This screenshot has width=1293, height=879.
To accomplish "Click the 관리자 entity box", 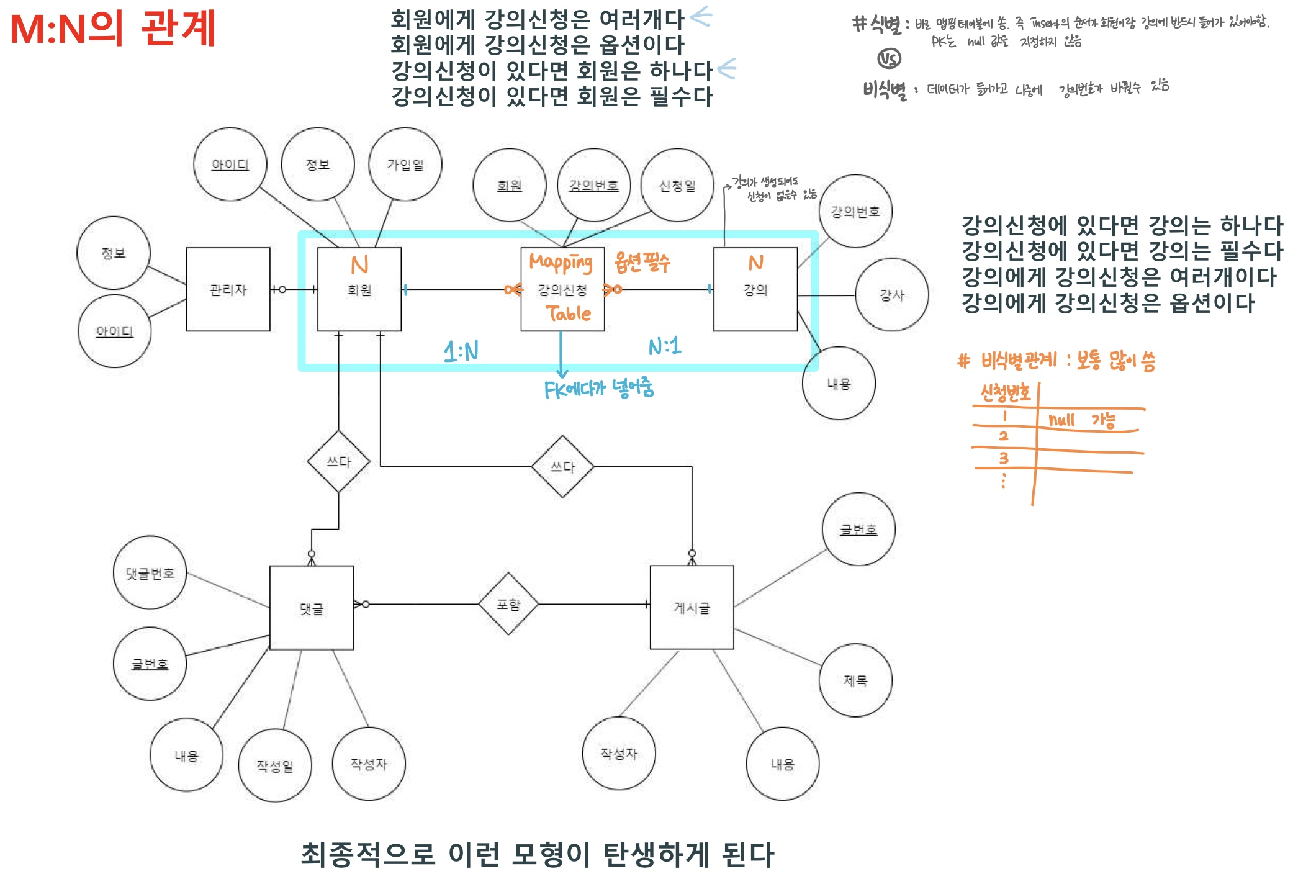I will pos(228,289).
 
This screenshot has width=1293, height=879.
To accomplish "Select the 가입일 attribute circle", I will pos(405,165).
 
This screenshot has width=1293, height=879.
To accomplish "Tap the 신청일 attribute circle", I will pos(677,186).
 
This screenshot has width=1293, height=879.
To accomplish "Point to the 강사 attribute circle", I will pos(891,295).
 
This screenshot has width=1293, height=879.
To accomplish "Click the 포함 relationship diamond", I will pos(508,604).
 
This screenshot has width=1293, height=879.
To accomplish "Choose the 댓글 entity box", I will pos(311,608).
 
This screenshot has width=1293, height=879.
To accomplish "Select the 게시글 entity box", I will pos(692,607).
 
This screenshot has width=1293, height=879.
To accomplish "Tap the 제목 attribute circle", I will pos(855,680).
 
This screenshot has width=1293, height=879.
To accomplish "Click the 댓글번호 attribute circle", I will pos(150,573).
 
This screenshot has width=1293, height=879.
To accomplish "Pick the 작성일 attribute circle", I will pos(274,765).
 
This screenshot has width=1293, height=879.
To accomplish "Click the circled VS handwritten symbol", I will pos(889,59).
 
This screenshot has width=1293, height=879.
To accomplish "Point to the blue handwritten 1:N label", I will pos(461,351).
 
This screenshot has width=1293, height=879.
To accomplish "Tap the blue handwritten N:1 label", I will pos(664,346).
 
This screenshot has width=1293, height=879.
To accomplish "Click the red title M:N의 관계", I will pos(113,29).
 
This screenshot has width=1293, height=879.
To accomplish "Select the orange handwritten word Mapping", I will pos(561,263).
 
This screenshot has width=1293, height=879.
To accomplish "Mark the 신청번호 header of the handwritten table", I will pos(1005,393).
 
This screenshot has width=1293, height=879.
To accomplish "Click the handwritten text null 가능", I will pos(1081,421).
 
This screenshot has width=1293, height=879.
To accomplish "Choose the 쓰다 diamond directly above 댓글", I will pos(338,461).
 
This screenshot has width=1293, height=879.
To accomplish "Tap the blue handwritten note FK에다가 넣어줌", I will pos(598,389).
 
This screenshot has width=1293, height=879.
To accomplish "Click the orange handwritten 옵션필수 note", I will pos(642,263).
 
